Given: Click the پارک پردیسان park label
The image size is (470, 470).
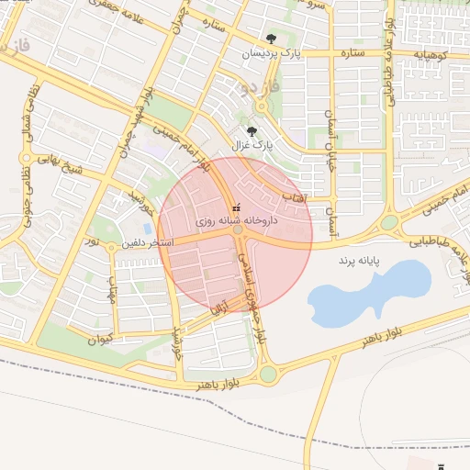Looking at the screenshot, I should [271, 54].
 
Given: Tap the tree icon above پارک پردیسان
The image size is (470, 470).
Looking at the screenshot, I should [271, 39].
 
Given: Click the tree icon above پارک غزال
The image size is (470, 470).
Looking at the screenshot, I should [252, 130].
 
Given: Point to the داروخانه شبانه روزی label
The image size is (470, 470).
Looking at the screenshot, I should [235, 221].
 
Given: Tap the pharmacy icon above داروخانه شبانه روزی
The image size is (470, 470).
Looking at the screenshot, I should [236, 207].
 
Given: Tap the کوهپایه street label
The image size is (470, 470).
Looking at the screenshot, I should [431, 55].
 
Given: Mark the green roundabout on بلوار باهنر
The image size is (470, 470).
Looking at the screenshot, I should [268, 374].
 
